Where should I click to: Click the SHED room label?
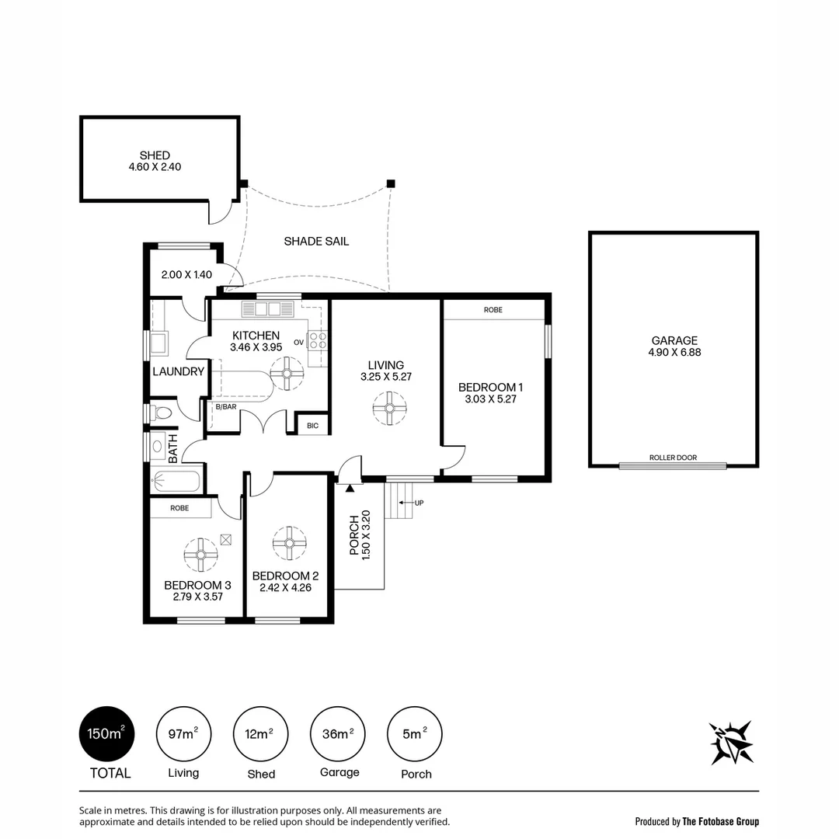tap(155, 155)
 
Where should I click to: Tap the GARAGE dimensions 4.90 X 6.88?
tap(674, 352)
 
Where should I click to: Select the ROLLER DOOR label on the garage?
tap(673, 458)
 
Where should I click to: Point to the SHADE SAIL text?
tap(316, 242)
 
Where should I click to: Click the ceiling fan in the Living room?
tap(389, 408)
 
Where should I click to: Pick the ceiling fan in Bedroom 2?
tap(290, 542)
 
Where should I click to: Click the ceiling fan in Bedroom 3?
tap(200, 555)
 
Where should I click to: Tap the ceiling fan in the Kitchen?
tap(287, 373)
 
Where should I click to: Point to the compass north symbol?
tap(731, 743)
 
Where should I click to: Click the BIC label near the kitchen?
tap(312, 426)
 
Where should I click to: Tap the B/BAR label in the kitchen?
tap(225, 407)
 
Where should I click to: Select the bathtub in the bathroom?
tap(176, 482)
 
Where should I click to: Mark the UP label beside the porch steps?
tap(419, 503)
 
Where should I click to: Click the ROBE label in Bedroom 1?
tap(493, 309)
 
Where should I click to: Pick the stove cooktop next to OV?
tap(318, 339)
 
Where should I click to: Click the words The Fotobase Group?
tap(720, 821)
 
